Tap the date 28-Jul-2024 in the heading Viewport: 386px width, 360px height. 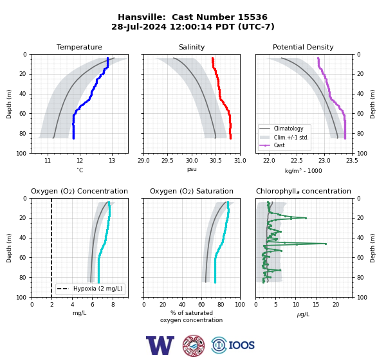[139, 26]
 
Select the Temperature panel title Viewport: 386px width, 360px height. [79, 47]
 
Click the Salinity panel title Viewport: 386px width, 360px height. [192, 47]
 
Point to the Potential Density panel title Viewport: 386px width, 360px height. [303, 47]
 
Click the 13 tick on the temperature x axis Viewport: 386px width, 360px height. [112, 161]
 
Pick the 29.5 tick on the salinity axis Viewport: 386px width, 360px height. [167, 161]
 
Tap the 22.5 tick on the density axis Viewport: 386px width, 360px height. [297, 161]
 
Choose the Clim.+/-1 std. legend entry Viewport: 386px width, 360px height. [284, 138]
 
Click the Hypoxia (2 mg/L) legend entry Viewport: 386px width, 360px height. [90, 289]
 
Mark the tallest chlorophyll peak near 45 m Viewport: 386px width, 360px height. [326, 244]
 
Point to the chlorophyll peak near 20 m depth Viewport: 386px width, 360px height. [306, 218]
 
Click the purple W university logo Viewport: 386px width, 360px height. [160, 345]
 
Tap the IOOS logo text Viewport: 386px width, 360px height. [241, 345]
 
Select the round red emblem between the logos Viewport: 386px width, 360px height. [194, 345]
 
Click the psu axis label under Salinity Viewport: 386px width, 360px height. [192, 169]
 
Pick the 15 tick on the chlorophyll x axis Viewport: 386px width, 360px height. [316, 305]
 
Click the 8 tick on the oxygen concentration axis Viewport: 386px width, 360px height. [113, 305]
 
